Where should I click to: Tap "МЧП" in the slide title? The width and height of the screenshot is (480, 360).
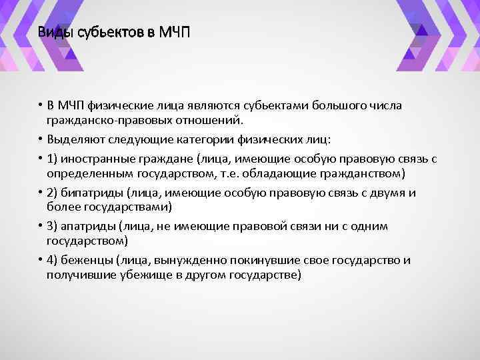click(x=175, y=32)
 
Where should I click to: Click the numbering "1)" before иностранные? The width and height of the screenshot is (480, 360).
click(x=53, y=159)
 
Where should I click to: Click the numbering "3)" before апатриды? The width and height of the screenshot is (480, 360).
click(x=53, y=226)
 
